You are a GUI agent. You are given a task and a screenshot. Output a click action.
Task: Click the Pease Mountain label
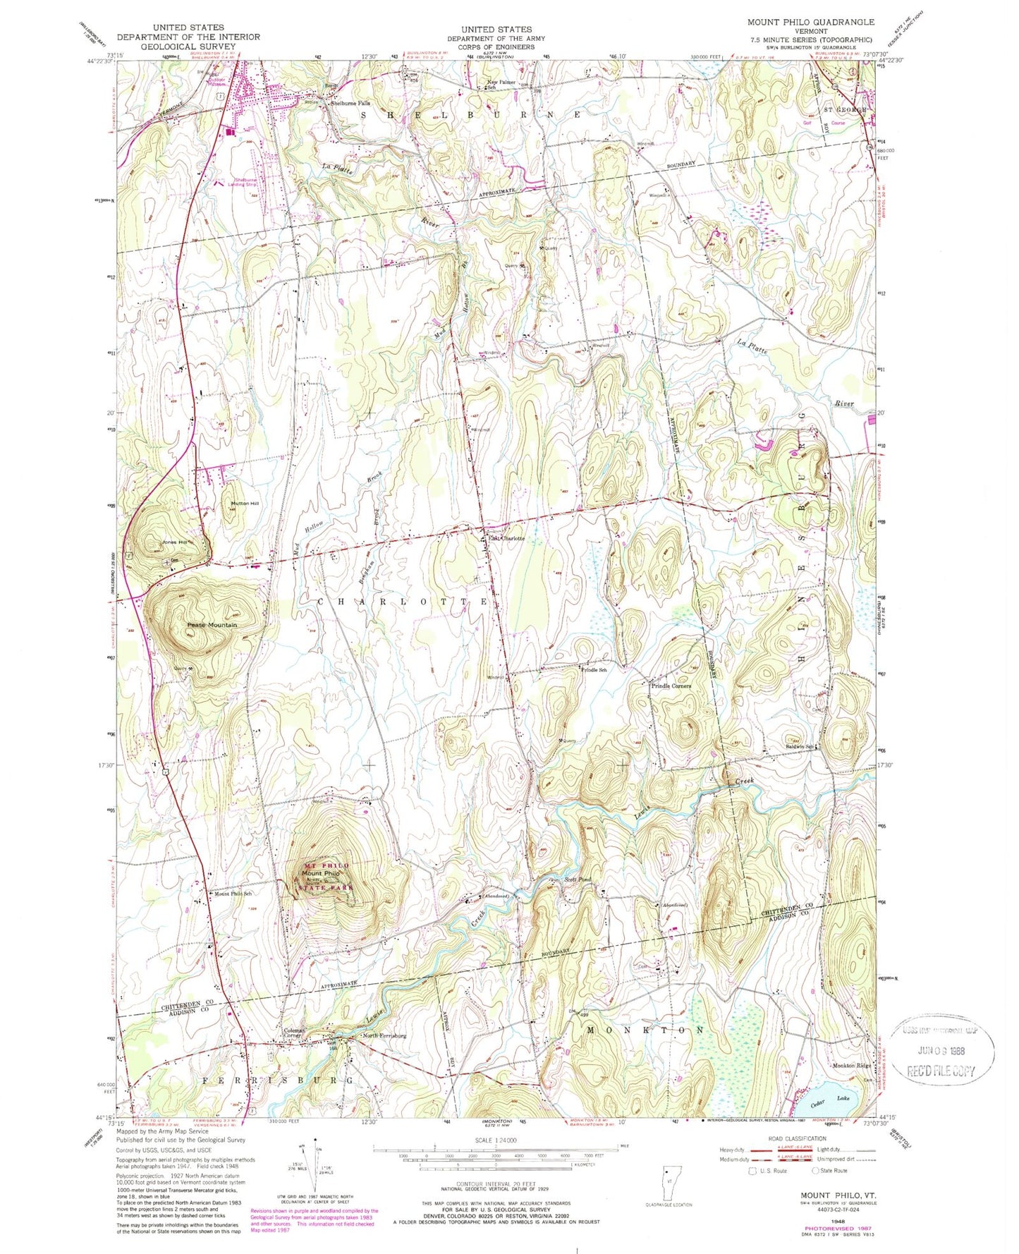pos(212,625)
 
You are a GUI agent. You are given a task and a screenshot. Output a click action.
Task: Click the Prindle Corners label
pos(671,686)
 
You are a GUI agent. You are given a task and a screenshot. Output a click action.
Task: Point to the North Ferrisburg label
pos(384,1035)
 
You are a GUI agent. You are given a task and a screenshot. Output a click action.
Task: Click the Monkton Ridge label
pos(851,1065)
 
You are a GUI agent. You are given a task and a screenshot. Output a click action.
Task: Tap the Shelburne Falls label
pos(350,104)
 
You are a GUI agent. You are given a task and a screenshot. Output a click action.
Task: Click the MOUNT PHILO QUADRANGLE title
pos(810,22)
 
